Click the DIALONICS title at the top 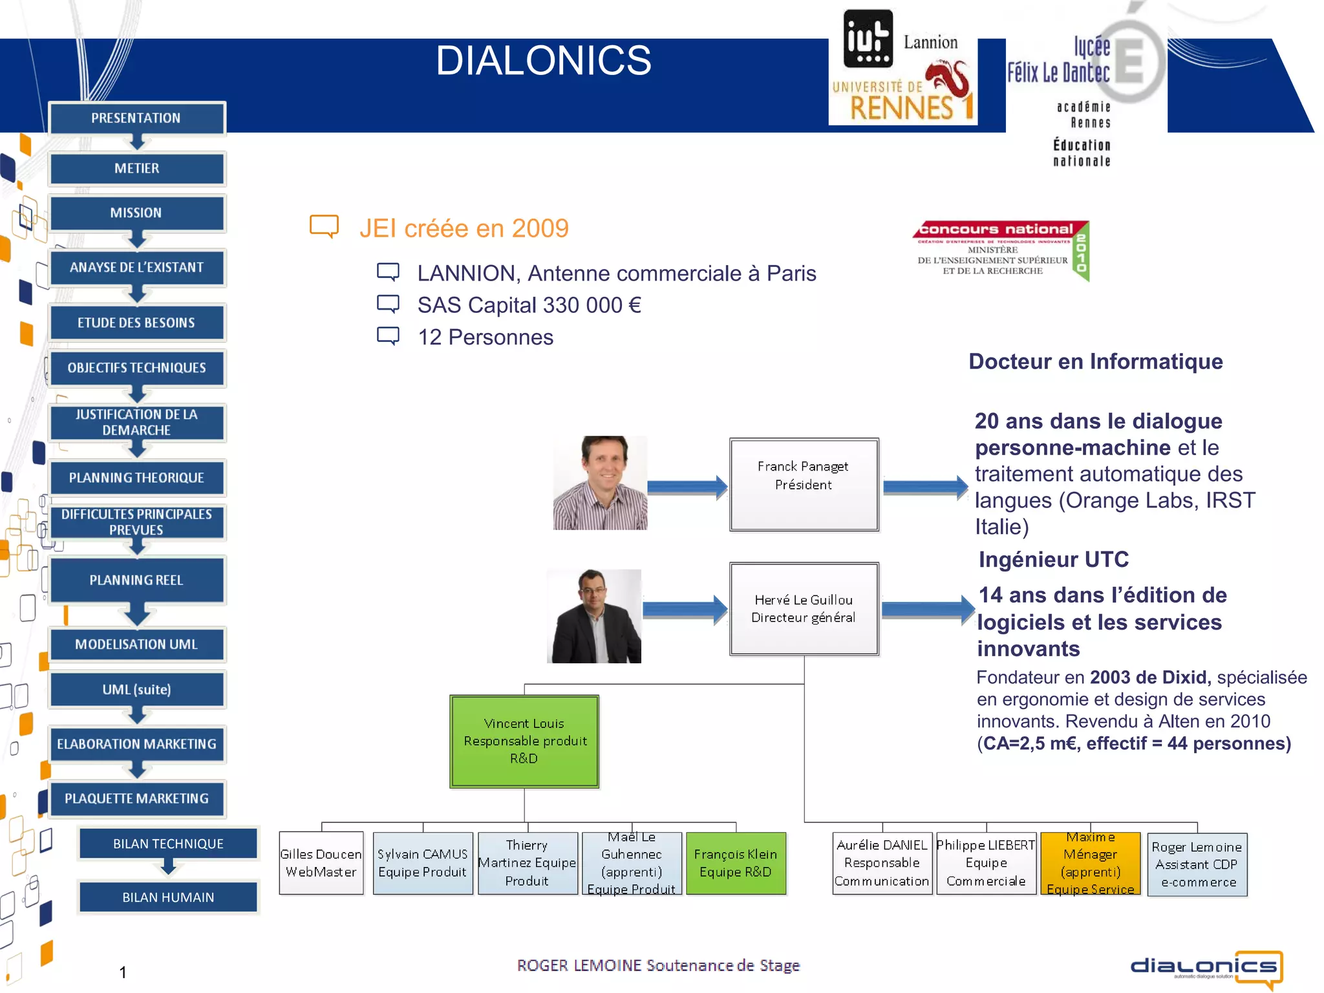(543, 61)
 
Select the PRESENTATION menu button (136, 118)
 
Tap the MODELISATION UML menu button (136, 644)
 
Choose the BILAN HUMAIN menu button (168, 897)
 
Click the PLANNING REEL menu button (136, 580)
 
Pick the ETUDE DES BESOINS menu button (136, 323)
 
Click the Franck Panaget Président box (804, 484)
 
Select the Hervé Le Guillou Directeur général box (804, 608)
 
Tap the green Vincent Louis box (524, 741)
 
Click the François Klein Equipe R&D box (736, 863)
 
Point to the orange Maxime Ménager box (1090, 863)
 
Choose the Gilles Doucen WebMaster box (321, 863)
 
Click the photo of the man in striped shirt (600, 483)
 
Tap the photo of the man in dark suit (594, 616)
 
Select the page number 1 (123, 972)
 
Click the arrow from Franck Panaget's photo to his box (687, 487)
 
